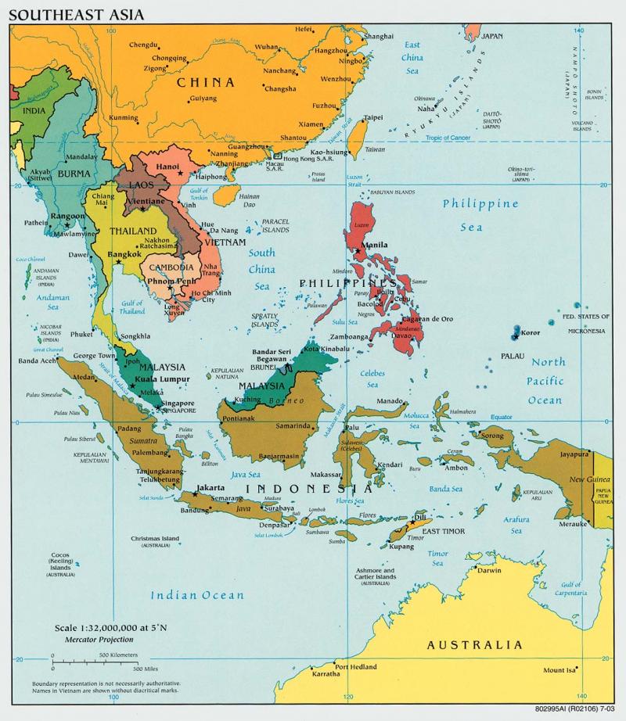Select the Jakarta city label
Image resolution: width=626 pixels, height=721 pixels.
[210, 487]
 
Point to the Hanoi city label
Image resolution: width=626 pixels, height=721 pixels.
[168, 167]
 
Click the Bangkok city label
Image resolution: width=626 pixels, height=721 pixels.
[124, 254]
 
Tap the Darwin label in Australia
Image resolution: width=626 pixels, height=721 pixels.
[489, 570]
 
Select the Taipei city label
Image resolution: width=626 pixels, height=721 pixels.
[373, 118]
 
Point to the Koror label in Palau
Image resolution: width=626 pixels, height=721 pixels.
[531, 332]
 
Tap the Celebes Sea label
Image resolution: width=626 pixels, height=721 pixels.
[373, 378]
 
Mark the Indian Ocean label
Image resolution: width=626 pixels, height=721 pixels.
[197, 595]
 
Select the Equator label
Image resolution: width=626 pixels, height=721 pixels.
[501, 417]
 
